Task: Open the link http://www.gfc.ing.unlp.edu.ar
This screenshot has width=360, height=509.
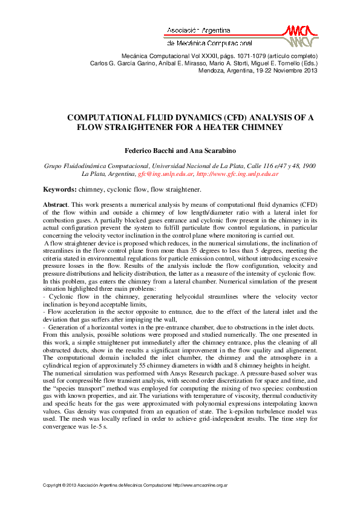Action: pyautogui.click(x=237, y=174)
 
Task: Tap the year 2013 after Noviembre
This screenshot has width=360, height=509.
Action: pyautogui.click(x=309, y=70)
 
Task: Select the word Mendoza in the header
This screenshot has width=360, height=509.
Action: pyautogui.click(x=212, y=70)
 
